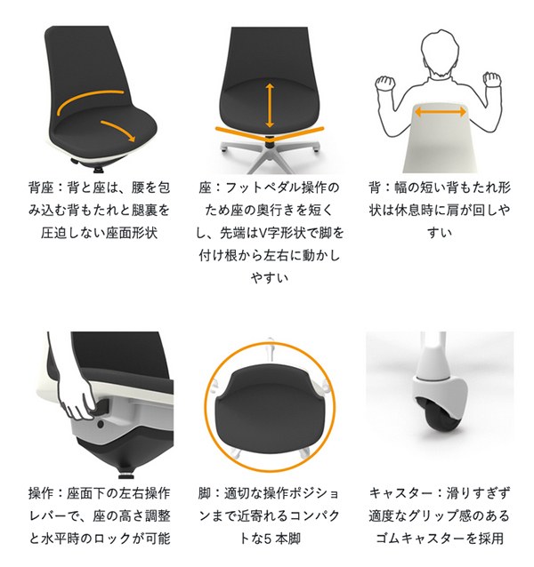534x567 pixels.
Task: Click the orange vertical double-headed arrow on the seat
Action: pos(270,105)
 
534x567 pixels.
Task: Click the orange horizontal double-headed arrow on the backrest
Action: pos(440,112)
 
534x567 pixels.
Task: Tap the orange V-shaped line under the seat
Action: pos(270,135)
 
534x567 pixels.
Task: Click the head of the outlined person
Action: pos(440,53)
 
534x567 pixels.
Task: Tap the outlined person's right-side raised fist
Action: pos(492,80)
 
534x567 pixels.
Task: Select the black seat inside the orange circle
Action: pos(270,408)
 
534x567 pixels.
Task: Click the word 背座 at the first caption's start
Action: pos(41,188)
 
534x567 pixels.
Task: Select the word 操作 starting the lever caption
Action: pos(41,493)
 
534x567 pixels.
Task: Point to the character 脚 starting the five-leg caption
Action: pos(205,493)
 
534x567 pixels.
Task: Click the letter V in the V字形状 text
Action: pos(263,233)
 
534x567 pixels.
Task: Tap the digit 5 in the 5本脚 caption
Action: pos(268,539)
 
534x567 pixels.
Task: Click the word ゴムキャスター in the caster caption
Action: pos(420,539)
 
